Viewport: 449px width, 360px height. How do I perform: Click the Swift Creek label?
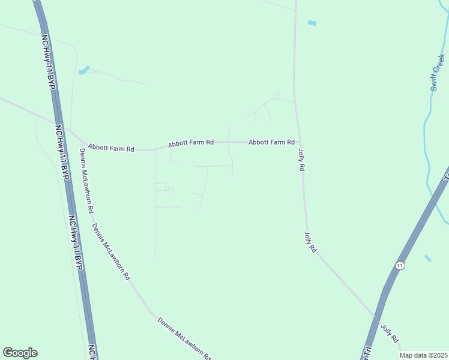click(437, 73)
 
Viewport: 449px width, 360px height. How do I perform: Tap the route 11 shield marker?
click(399, 265)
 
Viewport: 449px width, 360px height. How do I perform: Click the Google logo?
click(20, 353)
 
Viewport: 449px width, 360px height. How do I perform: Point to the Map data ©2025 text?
click(424, 355)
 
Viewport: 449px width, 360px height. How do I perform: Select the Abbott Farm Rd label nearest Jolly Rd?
click(271, 142)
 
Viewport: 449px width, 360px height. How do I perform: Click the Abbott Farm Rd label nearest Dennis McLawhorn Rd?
click(110, 147)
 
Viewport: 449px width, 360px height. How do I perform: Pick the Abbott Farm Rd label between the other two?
click(191, 143)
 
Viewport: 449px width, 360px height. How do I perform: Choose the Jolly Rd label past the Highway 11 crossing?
click(390, 333)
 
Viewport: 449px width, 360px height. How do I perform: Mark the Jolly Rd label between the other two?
click(310, 241)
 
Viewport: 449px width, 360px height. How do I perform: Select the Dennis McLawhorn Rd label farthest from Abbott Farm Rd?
click(184, 339)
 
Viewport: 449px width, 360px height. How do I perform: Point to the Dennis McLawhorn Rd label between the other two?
click(110, 252)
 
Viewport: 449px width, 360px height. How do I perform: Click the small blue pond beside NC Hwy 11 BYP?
click(83, 70)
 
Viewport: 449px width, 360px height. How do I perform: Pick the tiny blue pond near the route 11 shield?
click(428, 258)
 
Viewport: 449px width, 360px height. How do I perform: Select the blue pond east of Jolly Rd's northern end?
click(312, 23)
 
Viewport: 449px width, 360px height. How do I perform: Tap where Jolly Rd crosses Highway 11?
click(376, 317)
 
